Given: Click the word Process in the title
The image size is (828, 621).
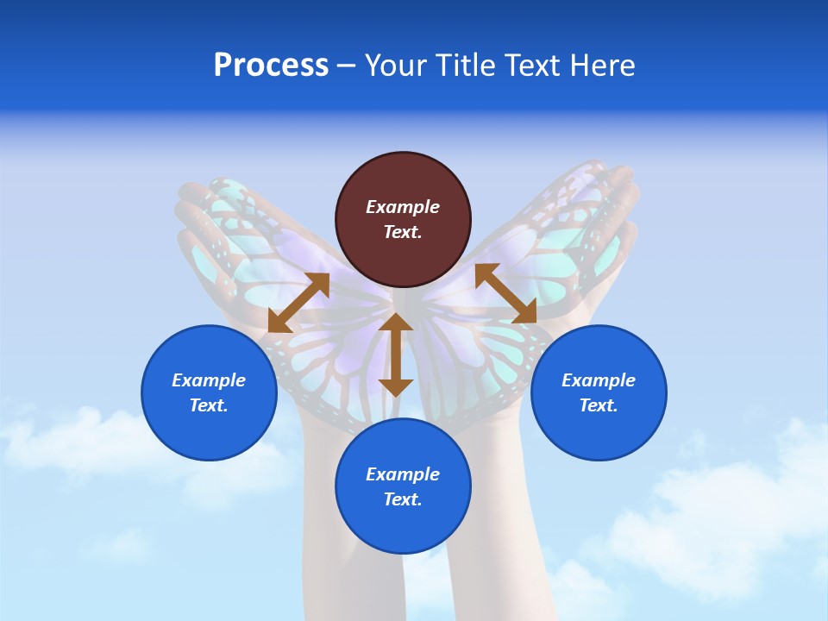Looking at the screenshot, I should coord(271,66).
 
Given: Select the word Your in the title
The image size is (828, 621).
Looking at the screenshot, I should coord(393,66).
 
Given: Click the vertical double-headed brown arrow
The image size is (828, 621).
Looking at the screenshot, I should coord(396,354).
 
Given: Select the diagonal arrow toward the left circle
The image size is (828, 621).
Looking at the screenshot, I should coord(298,303).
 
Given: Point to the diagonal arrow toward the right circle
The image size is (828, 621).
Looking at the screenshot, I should coord(505,293).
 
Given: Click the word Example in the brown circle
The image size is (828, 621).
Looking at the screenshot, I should coord(403,207).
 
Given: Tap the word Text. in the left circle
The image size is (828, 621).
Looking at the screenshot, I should coord(209,405).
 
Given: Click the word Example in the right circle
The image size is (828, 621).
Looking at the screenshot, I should coord(599,380).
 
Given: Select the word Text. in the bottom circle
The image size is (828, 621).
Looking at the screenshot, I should coord(403,499).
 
